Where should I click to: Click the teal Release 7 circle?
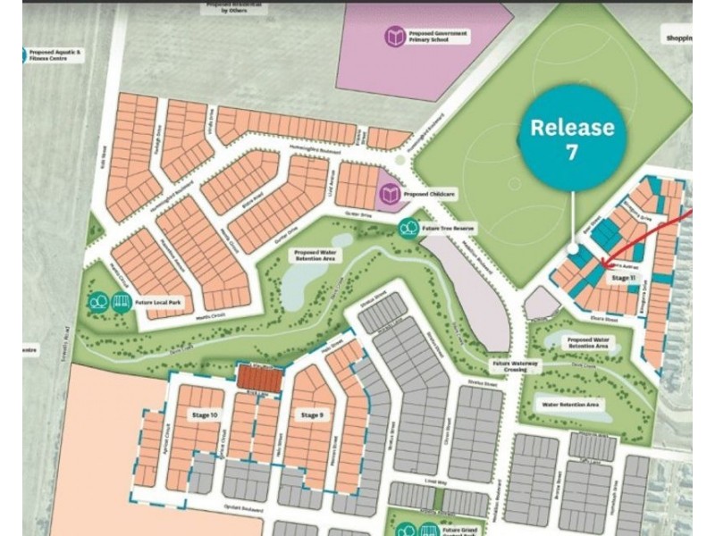572,138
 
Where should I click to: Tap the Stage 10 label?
204,416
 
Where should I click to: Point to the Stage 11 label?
623,279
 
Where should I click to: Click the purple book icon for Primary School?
395,37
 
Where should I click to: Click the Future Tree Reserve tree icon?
408,229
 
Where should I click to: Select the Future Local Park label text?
158,303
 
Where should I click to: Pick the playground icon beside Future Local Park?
122,302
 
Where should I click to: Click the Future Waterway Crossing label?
512,367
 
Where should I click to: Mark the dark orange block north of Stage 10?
259,376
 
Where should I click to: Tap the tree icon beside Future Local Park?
98,302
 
